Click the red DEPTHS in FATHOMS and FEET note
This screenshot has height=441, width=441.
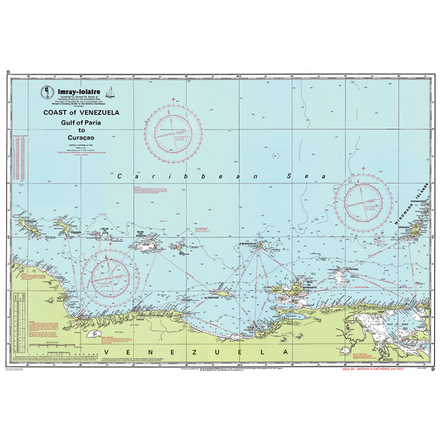point(402,370)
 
